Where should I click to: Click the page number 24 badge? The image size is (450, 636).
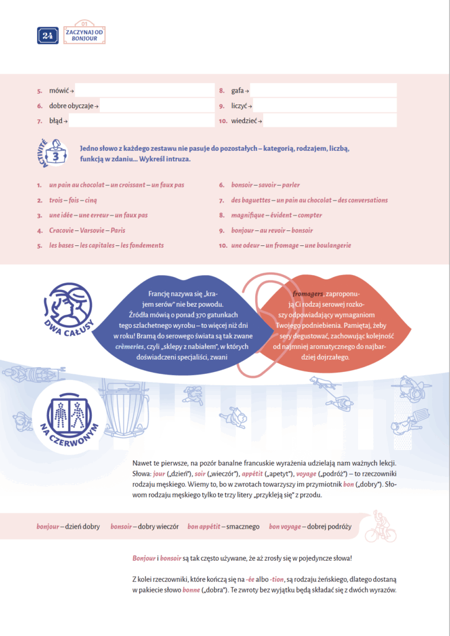pos(48,35)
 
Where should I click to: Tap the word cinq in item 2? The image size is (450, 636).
pos(91,200)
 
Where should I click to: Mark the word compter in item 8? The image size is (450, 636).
pos(310,215)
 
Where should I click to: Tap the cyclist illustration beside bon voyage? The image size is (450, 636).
pos(380,527)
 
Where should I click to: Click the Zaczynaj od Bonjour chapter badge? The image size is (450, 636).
pos(84,35)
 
